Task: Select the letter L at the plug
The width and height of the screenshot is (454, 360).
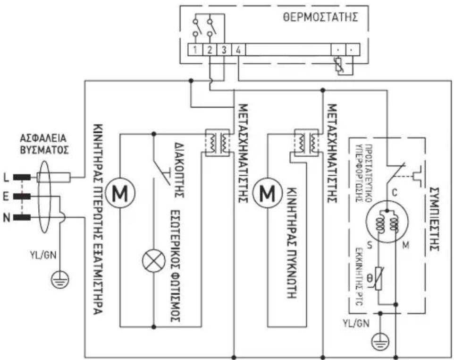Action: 6,178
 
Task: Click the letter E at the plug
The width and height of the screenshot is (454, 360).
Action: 6,197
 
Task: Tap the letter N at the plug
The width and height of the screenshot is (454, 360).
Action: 6,217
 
